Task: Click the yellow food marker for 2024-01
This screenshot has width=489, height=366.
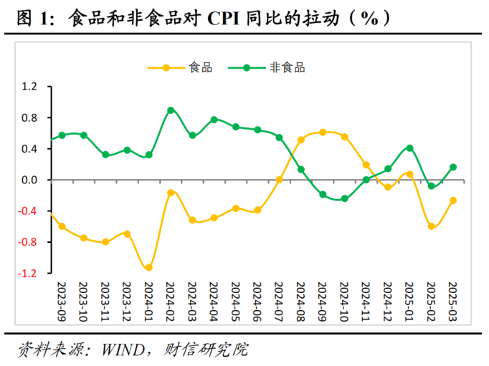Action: [x=148, y=268]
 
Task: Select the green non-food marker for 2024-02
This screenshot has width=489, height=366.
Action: [x=171, y=110]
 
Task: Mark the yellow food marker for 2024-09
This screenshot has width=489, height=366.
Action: [x=323, y=133]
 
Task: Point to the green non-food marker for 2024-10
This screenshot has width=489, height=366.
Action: [x=345, y=198]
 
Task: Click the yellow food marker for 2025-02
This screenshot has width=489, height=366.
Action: [x=432, y=226]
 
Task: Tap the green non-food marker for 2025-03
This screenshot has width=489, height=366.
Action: [x=453, y=167]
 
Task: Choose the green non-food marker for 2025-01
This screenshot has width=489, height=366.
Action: [x=409, y=148]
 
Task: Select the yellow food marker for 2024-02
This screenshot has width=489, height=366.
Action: [x=171, y=193]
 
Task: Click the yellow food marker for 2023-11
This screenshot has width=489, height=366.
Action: [x=105, y=242]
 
